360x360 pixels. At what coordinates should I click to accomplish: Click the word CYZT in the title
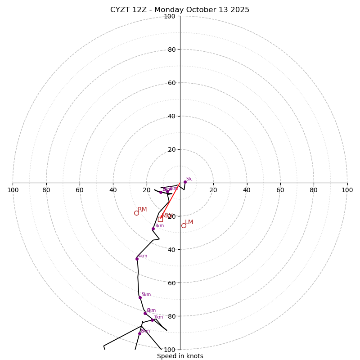coord(120,10)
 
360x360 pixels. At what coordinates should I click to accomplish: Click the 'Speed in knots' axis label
coord(180,356)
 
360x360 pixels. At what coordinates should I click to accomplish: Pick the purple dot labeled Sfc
coord(185,182)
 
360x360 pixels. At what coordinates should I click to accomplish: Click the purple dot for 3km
coord(153,229)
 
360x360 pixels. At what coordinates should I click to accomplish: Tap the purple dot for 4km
coord(137,259)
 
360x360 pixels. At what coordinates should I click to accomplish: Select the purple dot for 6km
coord(145,313)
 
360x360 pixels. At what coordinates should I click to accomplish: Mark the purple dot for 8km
coord(139,333)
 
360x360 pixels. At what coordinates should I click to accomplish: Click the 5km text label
coord(146,295)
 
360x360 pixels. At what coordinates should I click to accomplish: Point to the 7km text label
coord(158,317)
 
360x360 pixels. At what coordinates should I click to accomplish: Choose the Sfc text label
coord(189,179)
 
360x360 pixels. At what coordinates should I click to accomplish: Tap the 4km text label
coord(143,256)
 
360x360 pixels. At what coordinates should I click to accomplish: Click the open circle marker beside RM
coord(136,213)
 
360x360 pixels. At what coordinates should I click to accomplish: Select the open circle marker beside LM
coord(184,225)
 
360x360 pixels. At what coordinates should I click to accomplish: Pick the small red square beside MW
coord(160,219)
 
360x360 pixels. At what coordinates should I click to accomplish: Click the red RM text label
coord(142,210)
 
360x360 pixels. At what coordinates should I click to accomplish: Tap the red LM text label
coord(189,222)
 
